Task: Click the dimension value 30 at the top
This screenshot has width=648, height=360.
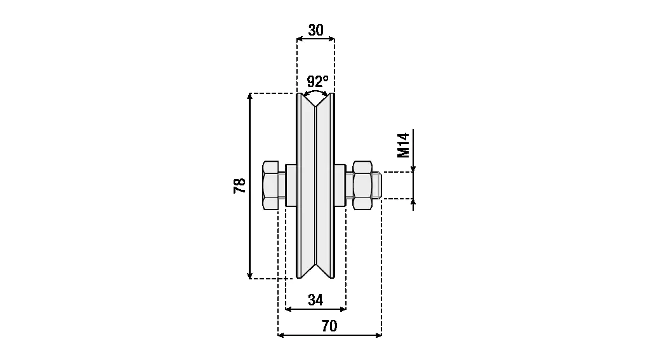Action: [x=315, y=30]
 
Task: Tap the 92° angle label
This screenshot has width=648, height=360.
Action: [x=317, y=81]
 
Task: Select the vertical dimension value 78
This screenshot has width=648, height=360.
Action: [x=239, y=185]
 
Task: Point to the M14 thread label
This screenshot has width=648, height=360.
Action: [x=403, y=145]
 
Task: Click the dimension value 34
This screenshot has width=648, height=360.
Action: [x=315, y=300]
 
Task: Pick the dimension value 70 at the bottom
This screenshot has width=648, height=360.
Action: [x=329, y=326]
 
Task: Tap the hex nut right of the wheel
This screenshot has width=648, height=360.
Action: [x=362, y=185]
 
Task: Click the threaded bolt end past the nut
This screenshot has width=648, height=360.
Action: [x=376, y=185]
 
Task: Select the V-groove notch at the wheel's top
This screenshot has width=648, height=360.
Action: [x=315, y=102]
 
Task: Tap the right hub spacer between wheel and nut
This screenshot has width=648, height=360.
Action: [x=340, y=185]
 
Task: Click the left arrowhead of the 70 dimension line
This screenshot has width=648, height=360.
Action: [x=282, y=335]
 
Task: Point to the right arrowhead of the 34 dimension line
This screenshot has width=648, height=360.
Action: [x=343, y=309]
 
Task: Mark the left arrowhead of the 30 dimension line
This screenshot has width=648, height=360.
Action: [x=300, y=39]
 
